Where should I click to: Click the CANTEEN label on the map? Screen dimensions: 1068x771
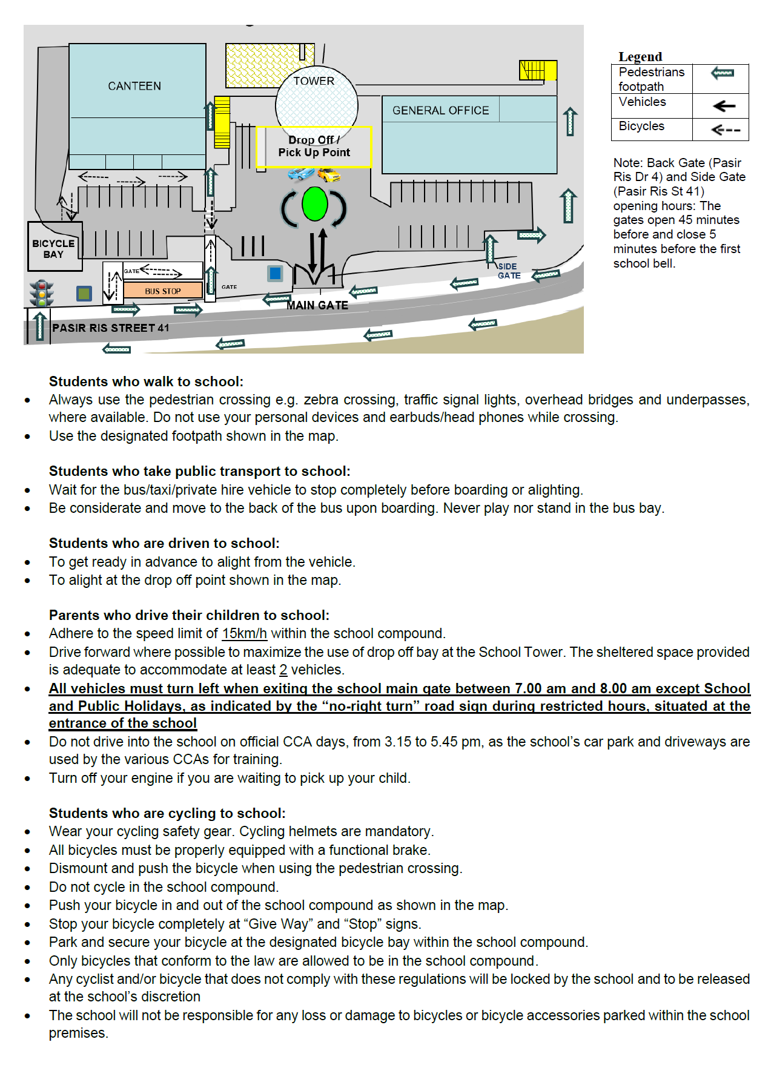[134, 86]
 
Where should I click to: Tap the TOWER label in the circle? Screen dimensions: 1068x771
[314, 81]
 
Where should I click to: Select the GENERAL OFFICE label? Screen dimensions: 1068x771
[440, 110]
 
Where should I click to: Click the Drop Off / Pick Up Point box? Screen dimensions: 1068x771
[314, 147]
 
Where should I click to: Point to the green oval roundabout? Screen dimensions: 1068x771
[314, 204]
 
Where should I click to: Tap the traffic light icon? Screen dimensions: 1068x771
[42, 293]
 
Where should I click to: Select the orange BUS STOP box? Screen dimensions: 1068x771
[162, 291]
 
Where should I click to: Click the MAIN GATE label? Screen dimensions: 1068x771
[317, 306]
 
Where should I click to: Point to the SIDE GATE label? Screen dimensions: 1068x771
[509, 271]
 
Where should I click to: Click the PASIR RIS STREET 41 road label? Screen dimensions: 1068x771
[111, 328]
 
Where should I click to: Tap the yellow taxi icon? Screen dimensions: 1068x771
[329, 176]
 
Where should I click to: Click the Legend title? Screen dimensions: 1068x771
[640, 56]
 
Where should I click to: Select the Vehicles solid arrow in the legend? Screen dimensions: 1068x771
[724, 107]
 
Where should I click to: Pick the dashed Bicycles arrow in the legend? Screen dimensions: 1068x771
[725, 130]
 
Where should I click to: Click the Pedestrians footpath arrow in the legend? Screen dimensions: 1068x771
[723, 74]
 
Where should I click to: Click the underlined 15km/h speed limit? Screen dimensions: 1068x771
[244, 633]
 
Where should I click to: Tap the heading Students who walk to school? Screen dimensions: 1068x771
[146, 381]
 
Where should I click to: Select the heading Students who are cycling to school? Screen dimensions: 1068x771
[167, 813]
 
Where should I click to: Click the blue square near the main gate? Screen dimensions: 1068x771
[275, 273]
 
